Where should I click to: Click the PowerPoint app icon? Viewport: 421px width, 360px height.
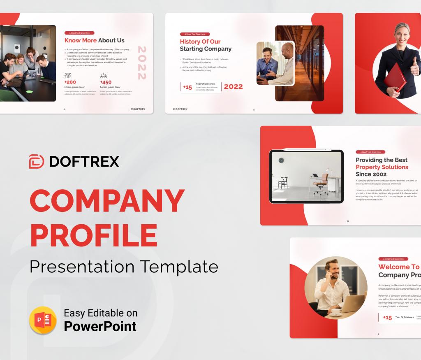43,320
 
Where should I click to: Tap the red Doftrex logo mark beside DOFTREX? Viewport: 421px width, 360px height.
37,161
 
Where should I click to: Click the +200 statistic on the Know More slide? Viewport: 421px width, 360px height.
70,82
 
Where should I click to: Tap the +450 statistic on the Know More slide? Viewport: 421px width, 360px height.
106,82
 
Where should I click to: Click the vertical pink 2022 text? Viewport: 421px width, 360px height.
142,63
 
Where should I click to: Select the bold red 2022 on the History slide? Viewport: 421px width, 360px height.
233,86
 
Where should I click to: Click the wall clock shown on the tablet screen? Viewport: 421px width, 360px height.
281,160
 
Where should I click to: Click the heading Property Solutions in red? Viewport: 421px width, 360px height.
382,167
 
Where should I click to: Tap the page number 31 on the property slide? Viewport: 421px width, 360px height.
347,221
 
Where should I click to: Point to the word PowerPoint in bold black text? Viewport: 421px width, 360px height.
100,326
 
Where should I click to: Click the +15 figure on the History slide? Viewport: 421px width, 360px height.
187,87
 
